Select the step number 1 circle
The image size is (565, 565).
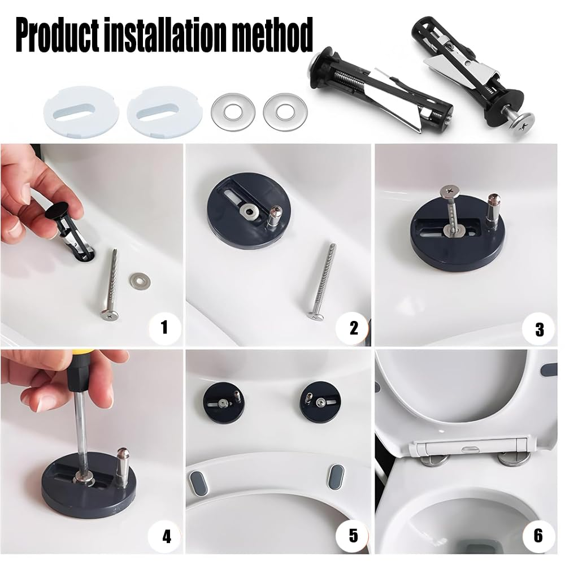pos(164,327)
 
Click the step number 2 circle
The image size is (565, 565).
pos(354,327)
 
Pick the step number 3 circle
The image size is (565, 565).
pos(540,328)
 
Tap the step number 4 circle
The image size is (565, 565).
pos(166,536)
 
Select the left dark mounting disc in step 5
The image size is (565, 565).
pos(224,403)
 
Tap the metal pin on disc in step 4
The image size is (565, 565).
pos(122,464)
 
